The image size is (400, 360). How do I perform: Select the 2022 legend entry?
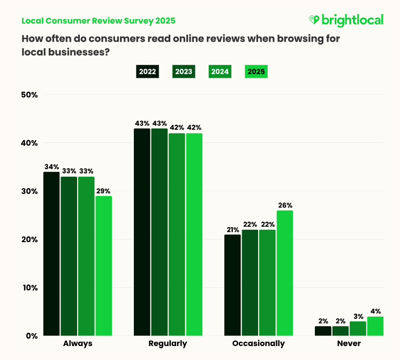147,71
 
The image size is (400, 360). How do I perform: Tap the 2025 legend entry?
255,71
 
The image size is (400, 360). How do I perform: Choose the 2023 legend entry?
184,71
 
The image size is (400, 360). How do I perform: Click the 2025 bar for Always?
104,266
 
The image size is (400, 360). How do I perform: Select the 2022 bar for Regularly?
142,232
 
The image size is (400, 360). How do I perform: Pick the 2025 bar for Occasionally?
284,273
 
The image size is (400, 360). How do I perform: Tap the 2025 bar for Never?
375,326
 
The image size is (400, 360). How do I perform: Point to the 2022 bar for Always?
51,253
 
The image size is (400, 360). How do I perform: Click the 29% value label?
104,191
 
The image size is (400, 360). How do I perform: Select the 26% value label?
284,205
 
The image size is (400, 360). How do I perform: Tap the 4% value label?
375,311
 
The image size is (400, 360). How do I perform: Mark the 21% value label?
232,229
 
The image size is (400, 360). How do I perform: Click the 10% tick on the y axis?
29,288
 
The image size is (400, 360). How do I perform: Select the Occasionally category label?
259,343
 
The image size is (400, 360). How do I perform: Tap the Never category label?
349,343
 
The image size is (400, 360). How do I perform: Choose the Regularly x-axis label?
168,343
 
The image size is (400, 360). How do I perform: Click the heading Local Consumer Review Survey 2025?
98,21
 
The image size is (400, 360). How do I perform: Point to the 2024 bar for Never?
358,328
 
